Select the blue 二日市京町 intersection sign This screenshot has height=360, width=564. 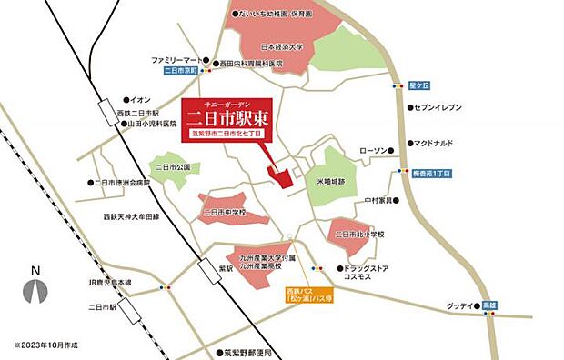179,70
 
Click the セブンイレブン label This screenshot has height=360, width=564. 439,107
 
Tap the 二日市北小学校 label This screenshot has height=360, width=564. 359,235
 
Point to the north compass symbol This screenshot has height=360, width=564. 35,287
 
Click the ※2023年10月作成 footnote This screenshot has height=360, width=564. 51,345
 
